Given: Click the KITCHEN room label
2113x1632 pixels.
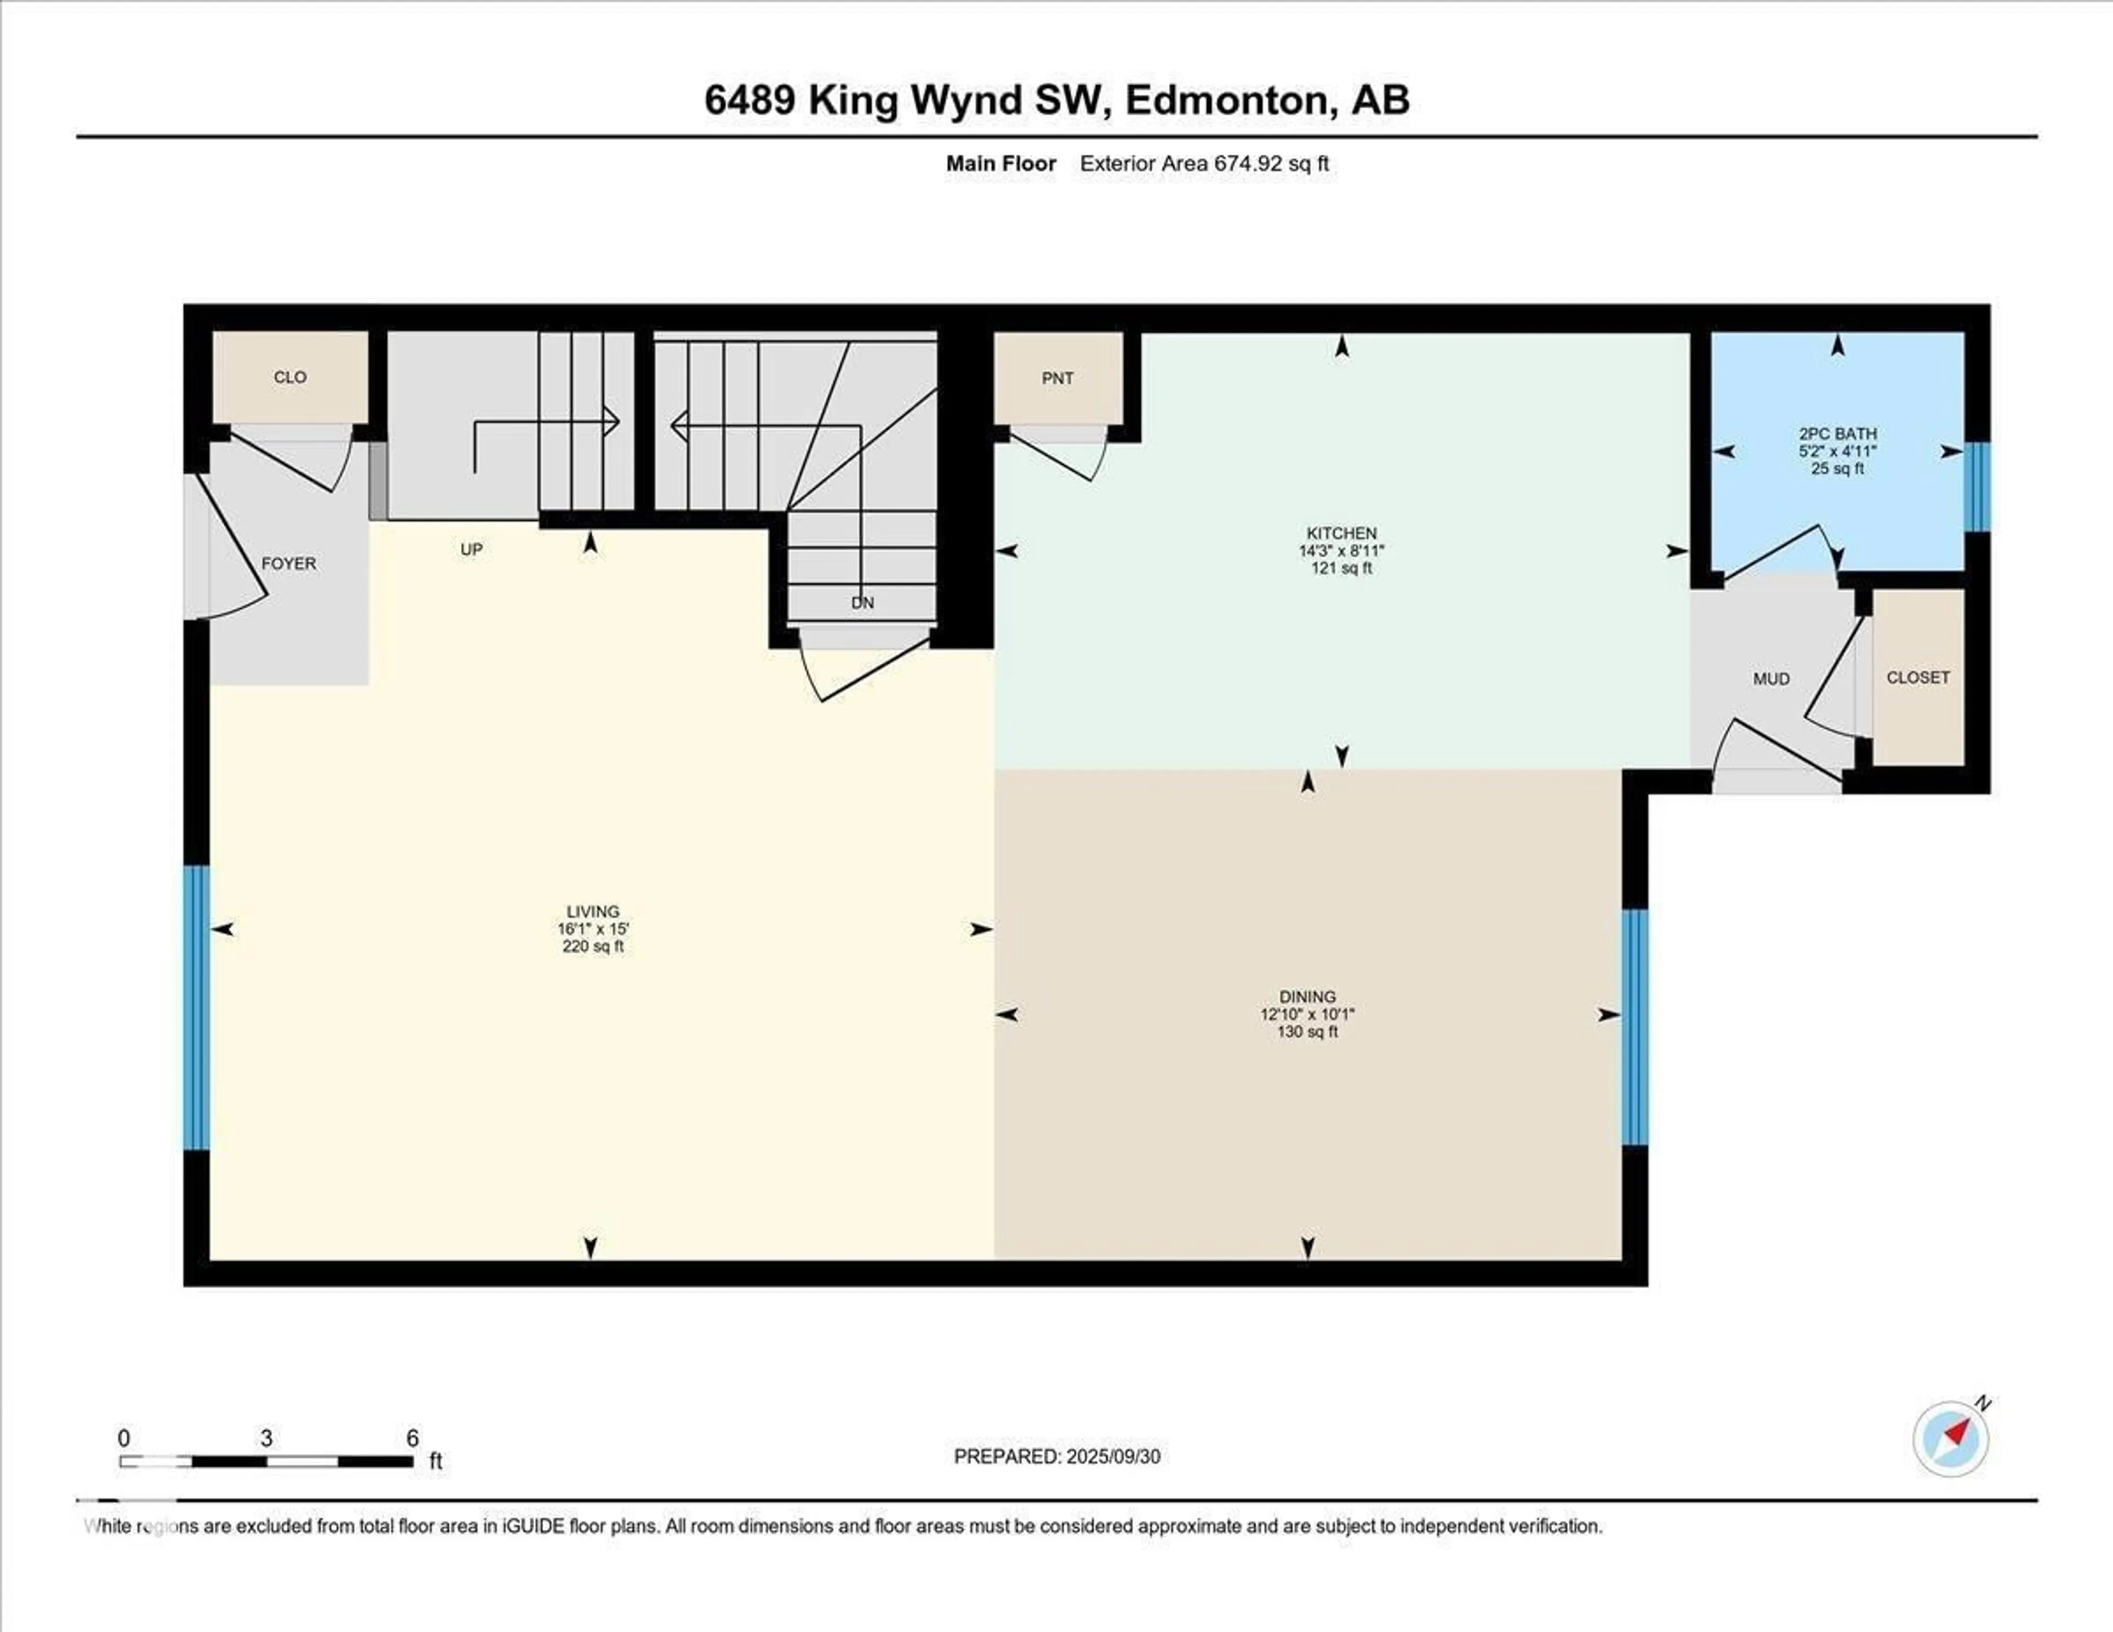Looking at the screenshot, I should tap(1341, 534).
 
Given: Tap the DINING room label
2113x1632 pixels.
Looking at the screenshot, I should tap(1307, 996).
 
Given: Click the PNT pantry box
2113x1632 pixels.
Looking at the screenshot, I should tap(1058, 378).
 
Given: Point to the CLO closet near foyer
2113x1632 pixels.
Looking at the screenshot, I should tap(290, 377).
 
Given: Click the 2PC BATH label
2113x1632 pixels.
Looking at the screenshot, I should tap(1837, 434).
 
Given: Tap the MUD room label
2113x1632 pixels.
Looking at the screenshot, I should tap(1771, 679).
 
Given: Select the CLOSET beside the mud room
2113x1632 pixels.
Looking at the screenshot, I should tap(1918, 678).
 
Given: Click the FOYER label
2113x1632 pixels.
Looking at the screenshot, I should tap(288, 563).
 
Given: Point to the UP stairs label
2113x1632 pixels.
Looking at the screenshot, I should tap(471, 550).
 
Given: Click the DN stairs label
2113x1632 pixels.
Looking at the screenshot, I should tap(862, 603).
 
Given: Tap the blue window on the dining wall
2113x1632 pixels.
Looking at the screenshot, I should tap(1634, 1026).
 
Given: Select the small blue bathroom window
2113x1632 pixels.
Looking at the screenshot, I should tap(1977, 486).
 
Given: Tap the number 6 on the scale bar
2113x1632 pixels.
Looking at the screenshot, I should tap(412, 1438).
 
